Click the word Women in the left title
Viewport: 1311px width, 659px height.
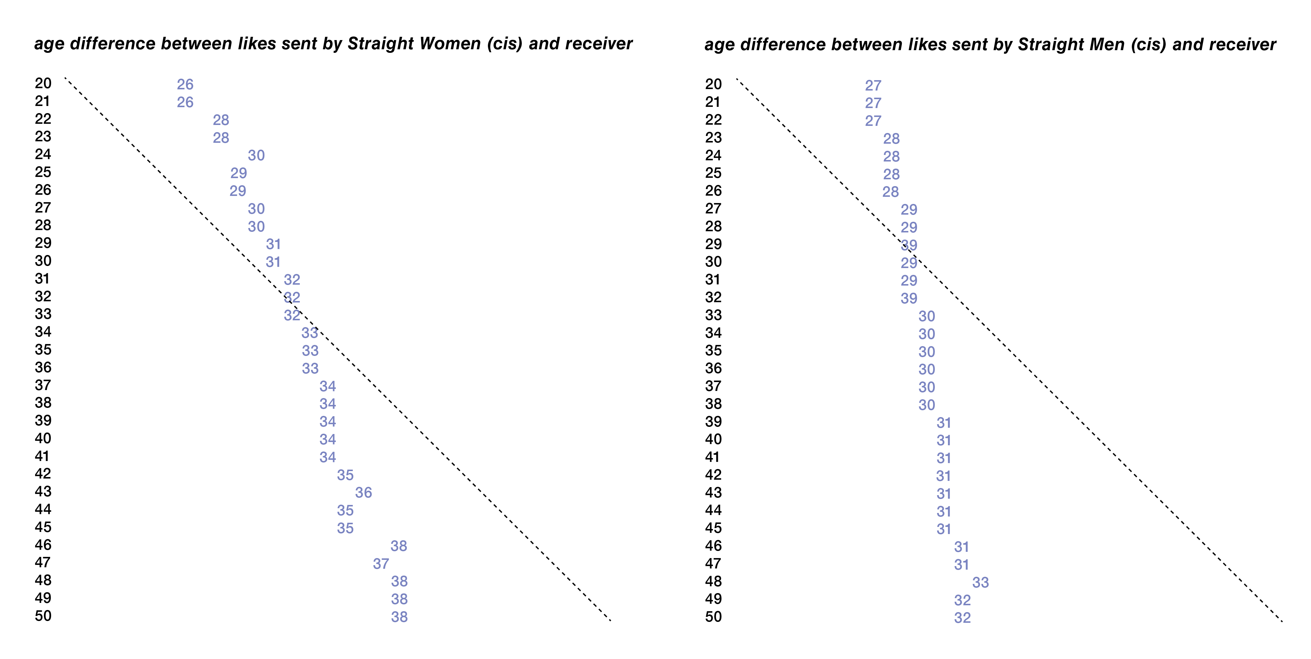point(450,44)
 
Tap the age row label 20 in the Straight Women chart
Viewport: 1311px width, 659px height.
point(43,83)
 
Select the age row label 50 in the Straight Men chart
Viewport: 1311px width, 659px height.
point(713,617)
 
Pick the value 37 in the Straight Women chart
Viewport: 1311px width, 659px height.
point(381,563)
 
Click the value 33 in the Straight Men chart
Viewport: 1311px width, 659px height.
point(980,582)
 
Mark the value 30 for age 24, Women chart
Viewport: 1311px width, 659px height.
point(256,155)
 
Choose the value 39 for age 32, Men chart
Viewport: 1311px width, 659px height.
point(909,299)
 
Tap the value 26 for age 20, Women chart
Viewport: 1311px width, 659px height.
point(185,84)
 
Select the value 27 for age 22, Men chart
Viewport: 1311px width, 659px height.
point(873,121)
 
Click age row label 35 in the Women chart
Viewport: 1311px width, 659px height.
point(43,350)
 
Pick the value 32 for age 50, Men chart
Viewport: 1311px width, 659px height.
point(962,618)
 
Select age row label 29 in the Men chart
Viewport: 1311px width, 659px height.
point(713,244)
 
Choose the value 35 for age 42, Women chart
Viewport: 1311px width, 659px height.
point(345,475)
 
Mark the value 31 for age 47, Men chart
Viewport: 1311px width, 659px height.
point(961,564)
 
